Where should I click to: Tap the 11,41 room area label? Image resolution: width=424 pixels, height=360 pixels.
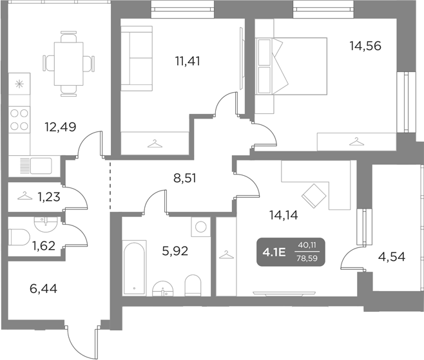click(x=188, y=62)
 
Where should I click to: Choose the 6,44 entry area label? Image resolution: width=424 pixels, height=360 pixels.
click(x=43, y=290)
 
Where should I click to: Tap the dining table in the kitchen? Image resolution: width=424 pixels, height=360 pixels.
click(x=68, y=64)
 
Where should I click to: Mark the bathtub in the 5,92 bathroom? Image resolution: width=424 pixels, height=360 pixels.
click(x=135, y=267)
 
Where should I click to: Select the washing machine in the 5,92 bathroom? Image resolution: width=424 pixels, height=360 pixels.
click(x=201, y=227)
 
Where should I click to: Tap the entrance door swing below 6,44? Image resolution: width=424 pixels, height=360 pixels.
click(x=82, y=338)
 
